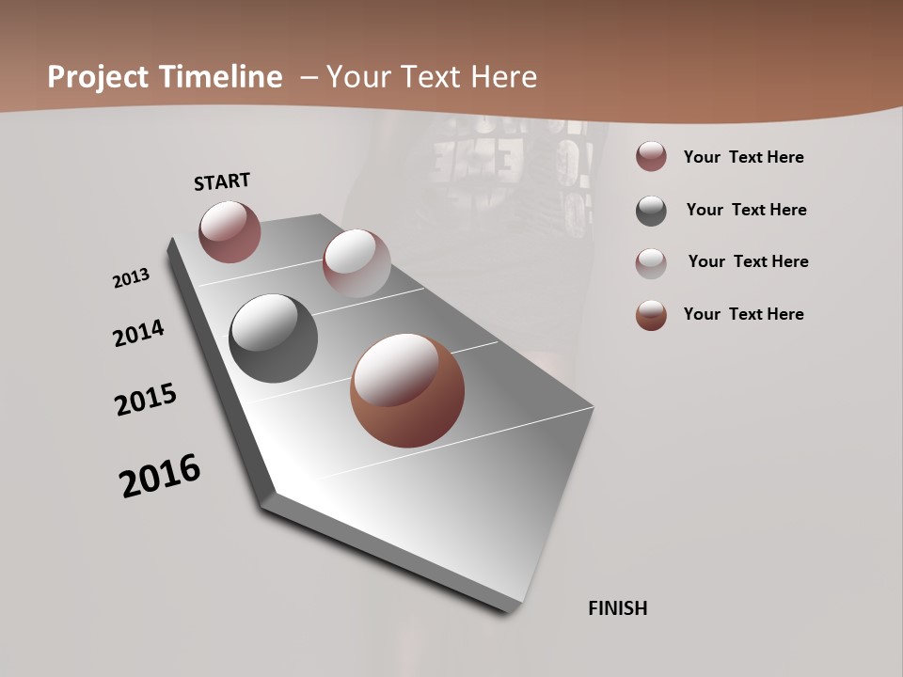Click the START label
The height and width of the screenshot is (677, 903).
tap(222, 181)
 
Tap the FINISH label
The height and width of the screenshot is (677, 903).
tap(618, 608)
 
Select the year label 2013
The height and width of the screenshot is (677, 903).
tap(132, 278)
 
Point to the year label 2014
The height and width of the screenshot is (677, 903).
tap(139, 333)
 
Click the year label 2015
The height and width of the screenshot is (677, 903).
tap(146, 399)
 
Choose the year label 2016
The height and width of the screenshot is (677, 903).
tap(160, 476)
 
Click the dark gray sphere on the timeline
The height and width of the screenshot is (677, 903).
tap(273, 338)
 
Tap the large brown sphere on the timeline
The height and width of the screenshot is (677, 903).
tap(407, 390)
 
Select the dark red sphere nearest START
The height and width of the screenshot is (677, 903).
tap(230, 231)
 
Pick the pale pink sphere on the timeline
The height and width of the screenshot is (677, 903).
tap(356, 263)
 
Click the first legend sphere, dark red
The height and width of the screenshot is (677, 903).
tap(651, 157)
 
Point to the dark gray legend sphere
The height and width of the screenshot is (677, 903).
tap(651, 211)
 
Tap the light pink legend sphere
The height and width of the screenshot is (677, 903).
tap(651, 262)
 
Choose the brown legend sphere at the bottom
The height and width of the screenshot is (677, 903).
tap(651, 315)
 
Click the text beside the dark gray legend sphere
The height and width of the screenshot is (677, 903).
tap(746, 210)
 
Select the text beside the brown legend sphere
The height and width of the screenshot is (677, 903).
tap(744, 314)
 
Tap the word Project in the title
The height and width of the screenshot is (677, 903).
tap(94, 77)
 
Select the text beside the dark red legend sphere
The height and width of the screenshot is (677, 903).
tap(744, 157)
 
